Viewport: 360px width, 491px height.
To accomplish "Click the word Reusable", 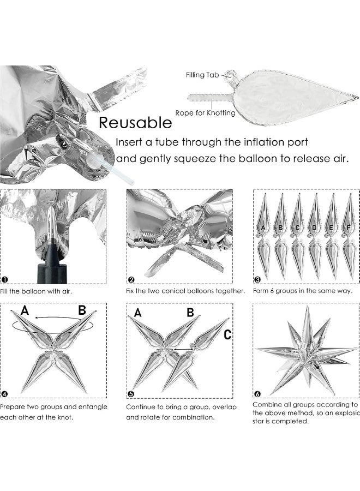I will click(135, 122).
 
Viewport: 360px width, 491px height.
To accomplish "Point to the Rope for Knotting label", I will click(205, 113).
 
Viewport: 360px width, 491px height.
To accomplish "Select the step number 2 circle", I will click(131, 280).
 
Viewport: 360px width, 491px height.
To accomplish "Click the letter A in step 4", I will click(25, 311).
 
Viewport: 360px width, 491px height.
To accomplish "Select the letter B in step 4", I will click(82, 311).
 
